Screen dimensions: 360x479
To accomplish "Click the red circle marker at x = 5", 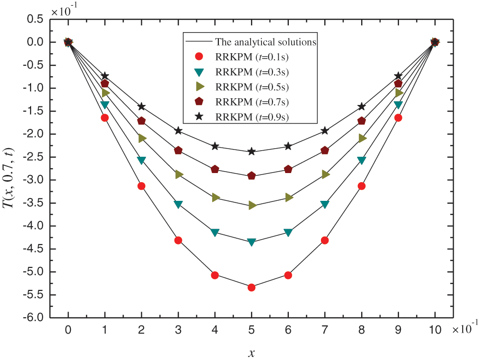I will tap(251, 287).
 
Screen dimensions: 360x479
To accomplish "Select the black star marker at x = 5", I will tap(251, 151).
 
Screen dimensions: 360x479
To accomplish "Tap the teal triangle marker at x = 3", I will tap(178, 205).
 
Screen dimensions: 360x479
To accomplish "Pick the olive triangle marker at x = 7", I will tap(325, 174).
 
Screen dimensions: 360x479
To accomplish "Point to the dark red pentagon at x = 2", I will tap(141, 121).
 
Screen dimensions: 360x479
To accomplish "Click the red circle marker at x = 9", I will tap(398, 118).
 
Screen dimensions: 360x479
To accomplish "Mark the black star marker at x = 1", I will tap(105, 76).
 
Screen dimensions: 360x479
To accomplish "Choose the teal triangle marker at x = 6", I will tap(288, 232).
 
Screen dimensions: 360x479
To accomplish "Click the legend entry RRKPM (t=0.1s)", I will tap(254, 57).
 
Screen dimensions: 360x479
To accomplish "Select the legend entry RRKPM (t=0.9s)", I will tap(254, 116).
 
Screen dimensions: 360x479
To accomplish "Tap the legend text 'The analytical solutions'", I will tap(266, 42).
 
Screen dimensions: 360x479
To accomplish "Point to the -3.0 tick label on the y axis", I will tap(34, 180).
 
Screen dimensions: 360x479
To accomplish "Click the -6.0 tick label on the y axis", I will tap(34, 318).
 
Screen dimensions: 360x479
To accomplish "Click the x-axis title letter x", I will tap(251, 354).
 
